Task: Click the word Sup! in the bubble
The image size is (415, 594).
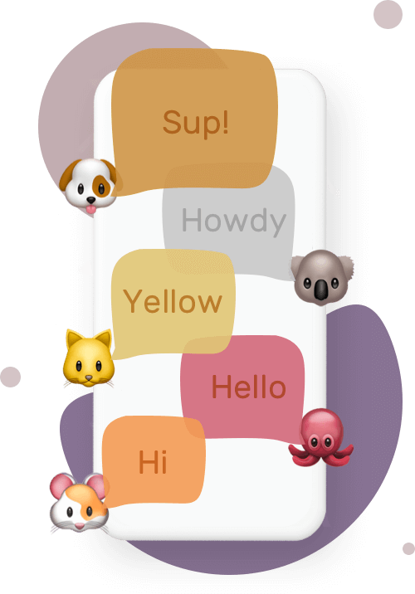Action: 196,123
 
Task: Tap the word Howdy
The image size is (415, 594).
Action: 234,221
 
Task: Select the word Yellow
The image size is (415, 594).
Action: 173,301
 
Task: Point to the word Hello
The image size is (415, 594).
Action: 249,387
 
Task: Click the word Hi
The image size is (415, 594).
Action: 153,461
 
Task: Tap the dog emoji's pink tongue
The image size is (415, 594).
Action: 91,209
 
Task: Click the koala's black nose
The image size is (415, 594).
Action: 321,290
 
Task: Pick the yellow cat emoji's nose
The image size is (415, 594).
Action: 88,377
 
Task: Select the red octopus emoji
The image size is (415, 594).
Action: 321,436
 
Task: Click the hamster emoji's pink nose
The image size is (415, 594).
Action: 80,526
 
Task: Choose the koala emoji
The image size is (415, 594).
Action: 322,277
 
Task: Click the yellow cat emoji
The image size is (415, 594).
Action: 89,358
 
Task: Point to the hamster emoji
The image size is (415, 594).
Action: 79,502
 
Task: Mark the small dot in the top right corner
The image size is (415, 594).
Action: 388,14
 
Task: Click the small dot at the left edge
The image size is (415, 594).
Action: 10,377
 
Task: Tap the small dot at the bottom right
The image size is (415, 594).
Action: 408,548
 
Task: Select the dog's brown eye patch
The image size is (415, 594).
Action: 101,187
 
